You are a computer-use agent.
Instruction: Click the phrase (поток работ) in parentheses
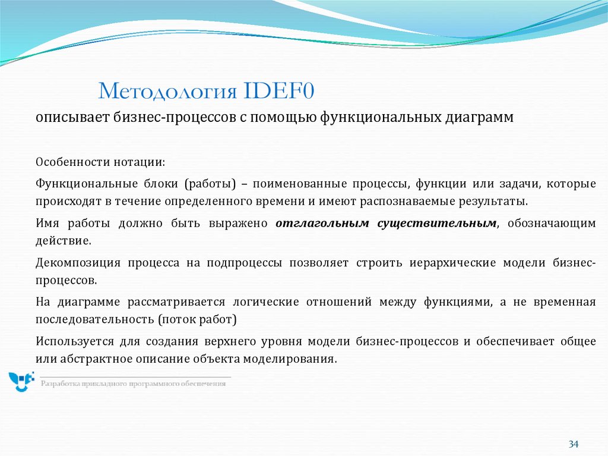(197, 319)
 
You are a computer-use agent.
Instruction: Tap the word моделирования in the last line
(293, 358)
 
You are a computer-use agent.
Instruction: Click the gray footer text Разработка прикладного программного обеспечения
(133, 384)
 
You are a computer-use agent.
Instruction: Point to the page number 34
(573, 444)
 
